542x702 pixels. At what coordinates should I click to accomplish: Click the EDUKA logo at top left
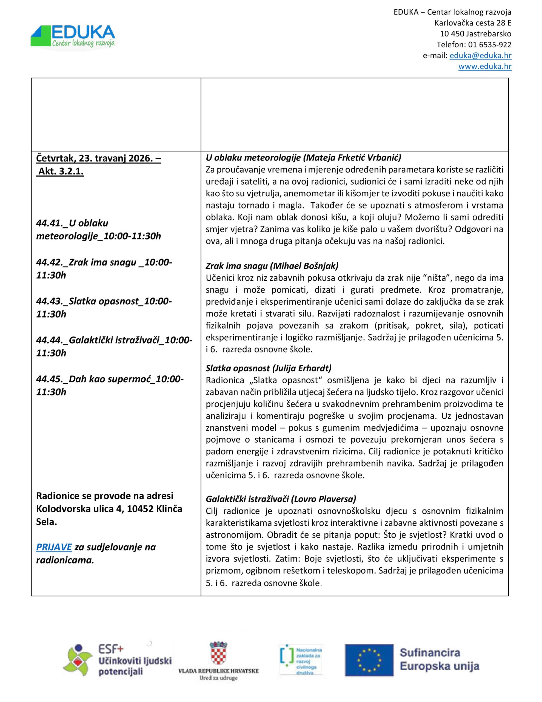tap(73, 36)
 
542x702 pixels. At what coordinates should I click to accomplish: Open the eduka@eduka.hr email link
tap(480, 55)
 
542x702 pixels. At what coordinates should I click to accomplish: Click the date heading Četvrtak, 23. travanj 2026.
tap(98, 158)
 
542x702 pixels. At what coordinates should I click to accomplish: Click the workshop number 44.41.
tap(50, 223)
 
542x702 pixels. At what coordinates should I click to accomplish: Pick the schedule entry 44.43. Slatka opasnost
tap(104, 301)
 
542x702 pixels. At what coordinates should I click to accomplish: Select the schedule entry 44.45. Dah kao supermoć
tap(110, 379)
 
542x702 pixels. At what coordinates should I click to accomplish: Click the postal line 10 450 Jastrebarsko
tap(475, 34)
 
